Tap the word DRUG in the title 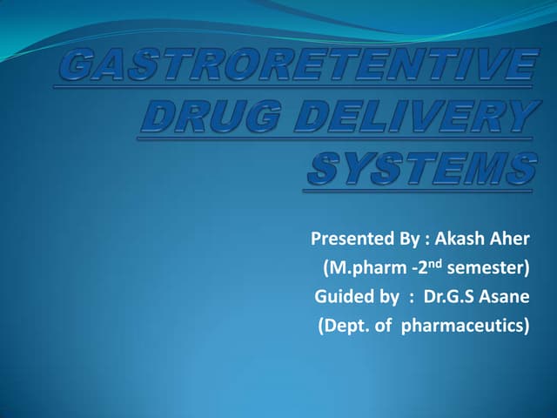click(x=199, y=117)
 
